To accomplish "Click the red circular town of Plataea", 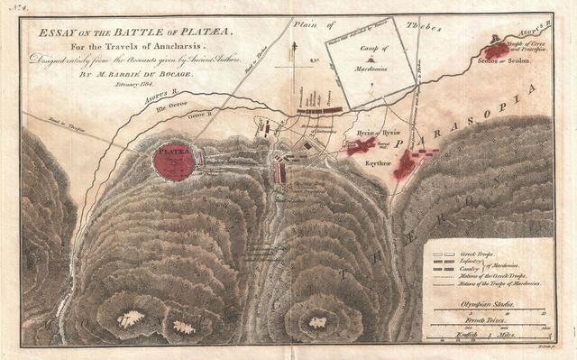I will tap(174, 161).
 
